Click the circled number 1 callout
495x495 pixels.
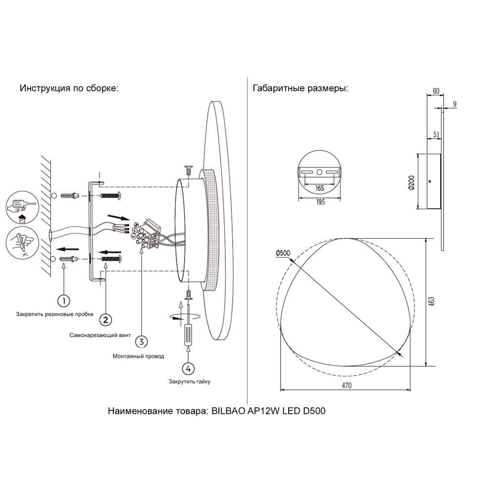[63, 300]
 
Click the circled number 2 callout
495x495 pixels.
[105, 320]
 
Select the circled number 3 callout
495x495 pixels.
[141, 341]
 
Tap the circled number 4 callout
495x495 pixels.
[187, 368]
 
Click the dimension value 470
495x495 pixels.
[346, 386]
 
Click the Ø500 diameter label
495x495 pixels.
[284, 253]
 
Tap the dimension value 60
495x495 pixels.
[436, 91]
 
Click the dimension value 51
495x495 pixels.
[436, 134]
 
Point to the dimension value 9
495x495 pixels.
[454, 104]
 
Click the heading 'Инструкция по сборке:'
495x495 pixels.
[69, 89]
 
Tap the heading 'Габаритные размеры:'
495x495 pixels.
[300, 89]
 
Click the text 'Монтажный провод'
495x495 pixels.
[138, 356]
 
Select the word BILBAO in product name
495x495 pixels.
[228, 411]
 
